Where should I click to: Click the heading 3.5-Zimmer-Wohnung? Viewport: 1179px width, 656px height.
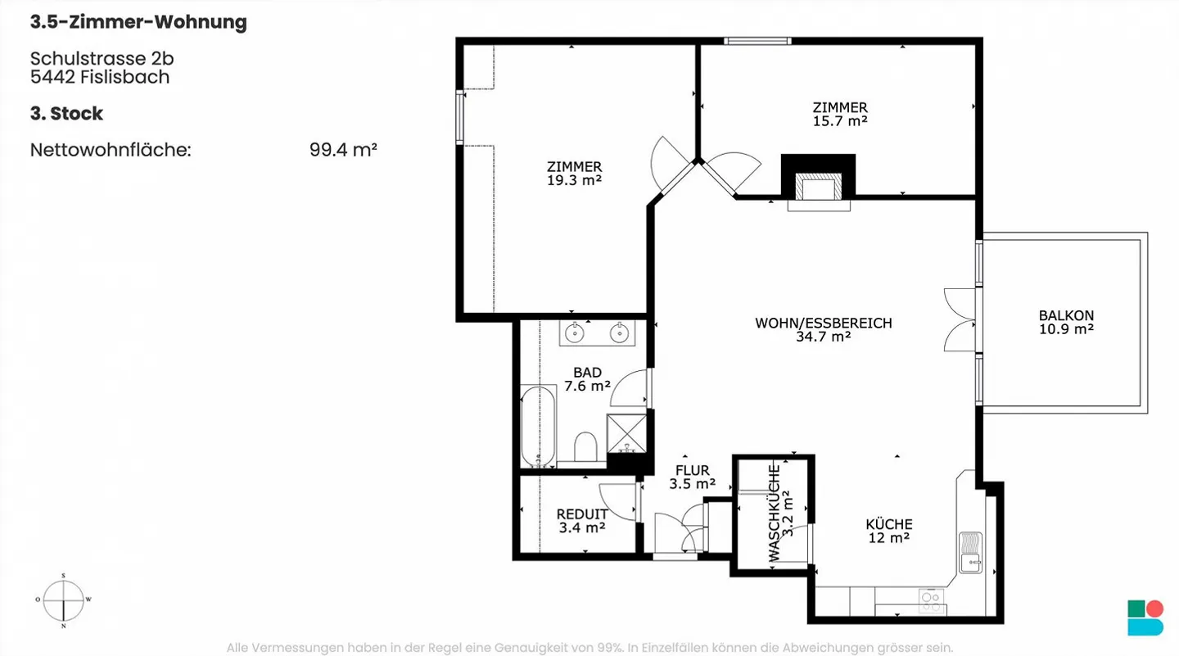pyautogui.click(x=138, y=23)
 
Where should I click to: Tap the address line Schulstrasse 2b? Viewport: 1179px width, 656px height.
pyautogui.click(x=102, y=58)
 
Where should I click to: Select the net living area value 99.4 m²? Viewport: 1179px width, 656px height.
pyautogui.click(x=343, y=150)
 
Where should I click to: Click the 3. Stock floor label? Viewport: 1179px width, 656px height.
pyautogui.click(x=66, y=114)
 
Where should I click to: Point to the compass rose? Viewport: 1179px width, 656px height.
pyautogui.click(x=63, y=601)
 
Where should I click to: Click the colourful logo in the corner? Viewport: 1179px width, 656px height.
pyautogui.click(x=1145, y=618)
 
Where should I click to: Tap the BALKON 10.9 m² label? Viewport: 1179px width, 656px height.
pyautogui.click(x=1066, y=322)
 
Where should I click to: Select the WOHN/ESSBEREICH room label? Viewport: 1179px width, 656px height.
pyautogui.click(x=824, y=323)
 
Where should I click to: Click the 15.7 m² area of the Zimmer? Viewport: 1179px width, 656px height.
pyautogui.click(x=840, y=121)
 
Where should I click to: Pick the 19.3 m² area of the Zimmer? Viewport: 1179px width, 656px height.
pyautogui.click(x=574, y=180)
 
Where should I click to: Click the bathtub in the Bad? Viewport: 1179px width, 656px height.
pyautogui.click(x=538, y=427)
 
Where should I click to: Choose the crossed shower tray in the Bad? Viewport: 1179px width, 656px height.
pyautogui.click(x=626, y=433)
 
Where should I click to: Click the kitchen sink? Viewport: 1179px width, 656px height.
pyautogui.click(x=970, y=552)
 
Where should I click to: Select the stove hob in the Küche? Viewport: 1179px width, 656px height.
pyautogui.click(x=931, y=602)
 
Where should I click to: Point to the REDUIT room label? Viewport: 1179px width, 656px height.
pyautogui.click(x=582, y=513)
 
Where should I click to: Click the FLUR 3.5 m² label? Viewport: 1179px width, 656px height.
pyautogui.click(x=692, y=477)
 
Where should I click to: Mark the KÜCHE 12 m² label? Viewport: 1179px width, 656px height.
pyautogui.click(x=889, y=532)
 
